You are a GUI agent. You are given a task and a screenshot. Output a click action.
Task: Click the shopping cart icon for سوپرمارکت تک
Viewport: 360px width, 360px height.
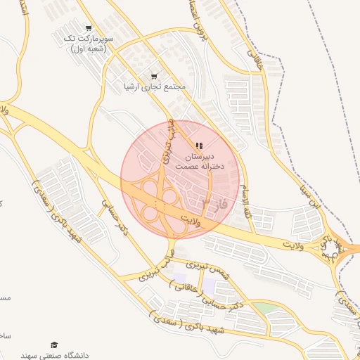(88, 28)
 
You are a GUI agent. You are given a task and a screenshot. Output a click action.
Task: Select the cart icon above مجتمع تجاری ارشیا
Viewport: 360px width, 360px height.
(154, 76)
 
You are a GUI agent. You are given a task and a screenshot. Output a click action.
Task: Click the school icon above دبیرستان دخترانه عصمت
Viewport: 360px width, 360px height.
(198, 145)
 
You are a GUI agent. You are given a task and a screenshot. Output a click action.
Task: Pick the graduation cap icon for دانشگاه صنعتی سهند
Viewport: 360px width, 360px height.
(54, 345)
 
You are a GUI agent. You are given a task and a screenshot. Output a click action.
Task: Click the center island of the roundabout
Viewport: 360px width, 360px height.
(339, 249)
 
